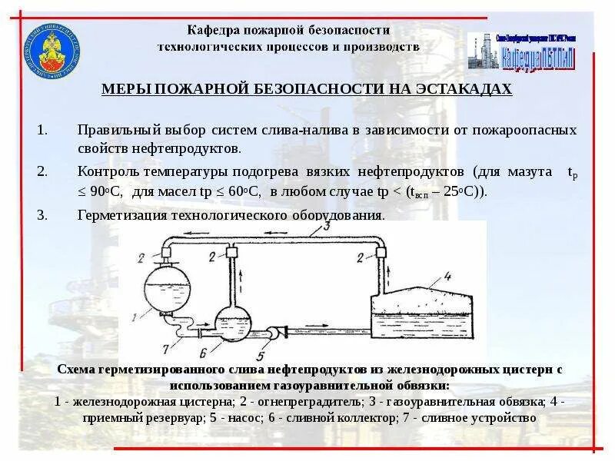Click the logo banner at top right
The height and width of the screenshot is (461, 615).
click(x=530, y=51)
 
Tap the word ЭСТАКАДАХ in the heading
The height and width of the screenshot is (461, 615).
click(x=464, y=89)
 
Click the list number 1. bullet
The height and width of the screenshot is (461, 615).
click(x=43, y=130)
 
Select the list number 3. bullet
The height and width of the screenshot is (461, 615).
click(x=43, y=214)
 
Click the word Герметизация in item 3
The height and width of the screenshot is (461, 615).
click(x=115, y=214)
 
